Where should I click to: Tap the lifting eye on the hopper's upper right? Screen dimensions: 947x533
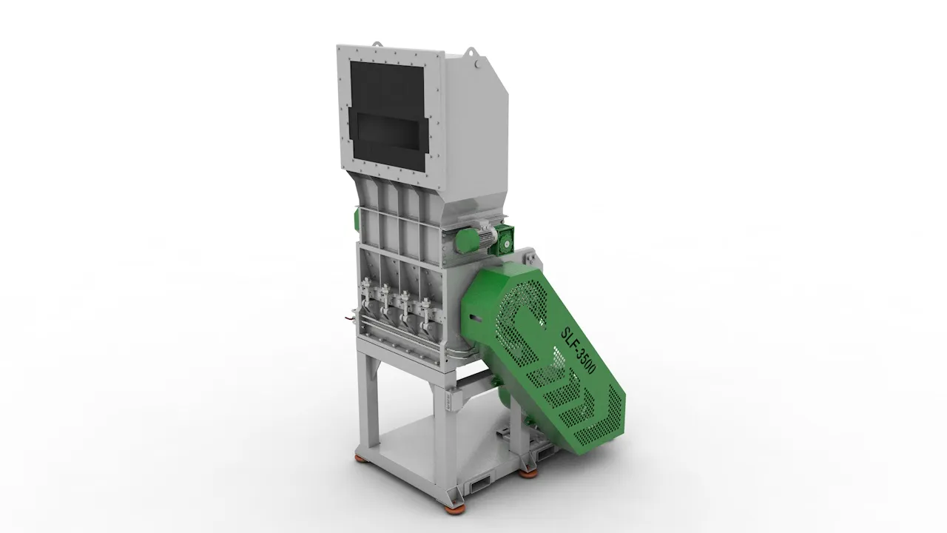click(470, 53)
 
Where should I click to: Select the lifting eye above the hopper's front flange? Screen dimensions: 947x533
click(377, 44)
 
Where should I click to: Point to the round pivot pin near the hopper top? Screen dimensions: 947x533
click(479, 64)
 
